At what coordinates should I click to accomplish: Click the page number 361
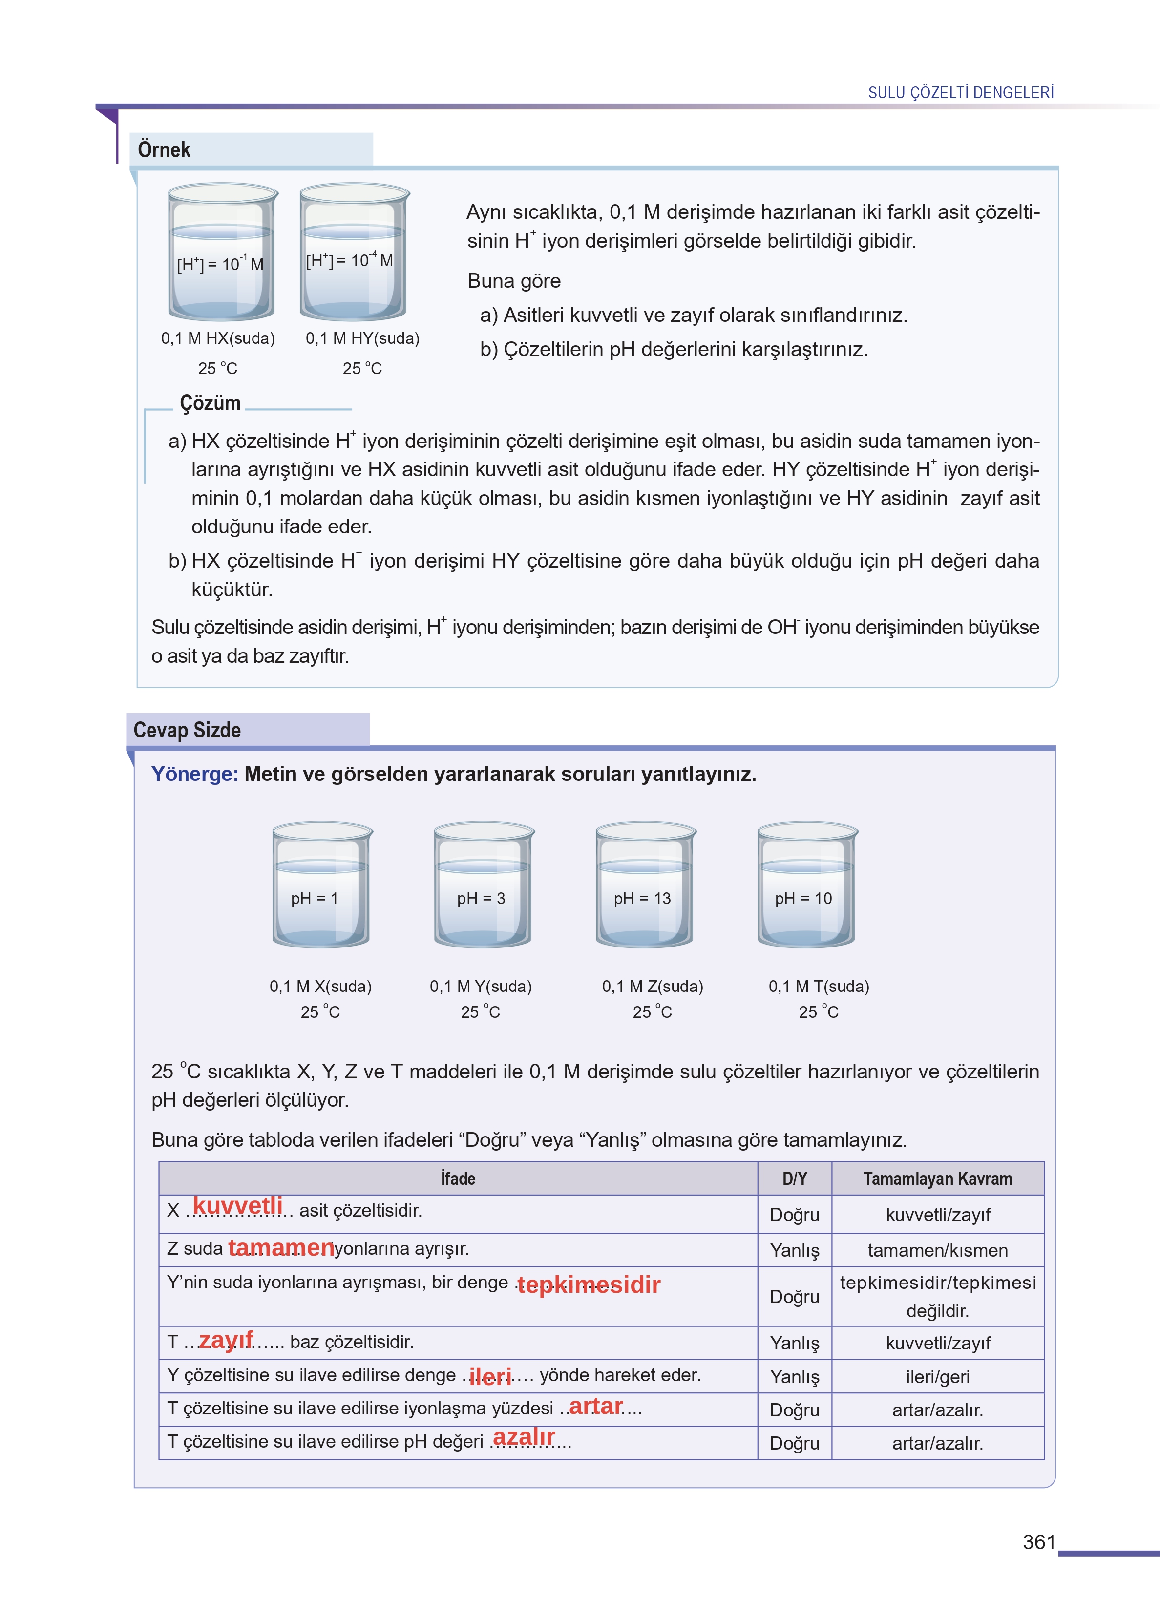(x=1038, y=1542)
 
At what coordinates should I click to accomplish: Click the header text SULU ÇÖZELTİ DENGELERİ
(x=960, y=93)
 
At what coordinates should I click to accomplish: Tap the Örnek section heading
(x=164, y=150)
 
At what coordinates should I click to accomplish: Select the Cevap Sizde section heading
(x=187, y=730)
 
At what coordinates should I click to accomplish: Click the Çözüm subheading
(x=210, y=403)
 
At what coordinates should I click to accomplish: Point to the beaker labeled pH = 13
(x=644, y=885)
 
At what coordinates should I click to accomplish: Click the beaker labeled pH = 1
(x=321, y=885)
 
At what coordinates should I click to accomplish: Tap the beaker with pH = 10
(x=806, y=885)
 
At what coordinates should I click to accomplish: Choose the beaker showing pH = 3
(x=483, y=885)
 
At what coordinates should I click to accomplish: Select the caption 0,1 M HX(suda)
(x=218, y=338)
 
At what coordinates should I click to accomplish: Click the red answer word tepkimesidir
(x=589, y=1284)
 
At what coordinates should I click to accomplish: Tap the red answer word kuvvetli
(x=238, y=1206)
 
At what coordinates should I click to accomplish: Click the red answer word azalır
(x=524, y=1437)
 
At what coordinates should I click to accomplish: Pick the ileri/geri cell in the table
(x=937, y=1377)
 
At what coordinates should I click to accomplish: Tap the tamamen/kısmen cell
(x=937, y=1250)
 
